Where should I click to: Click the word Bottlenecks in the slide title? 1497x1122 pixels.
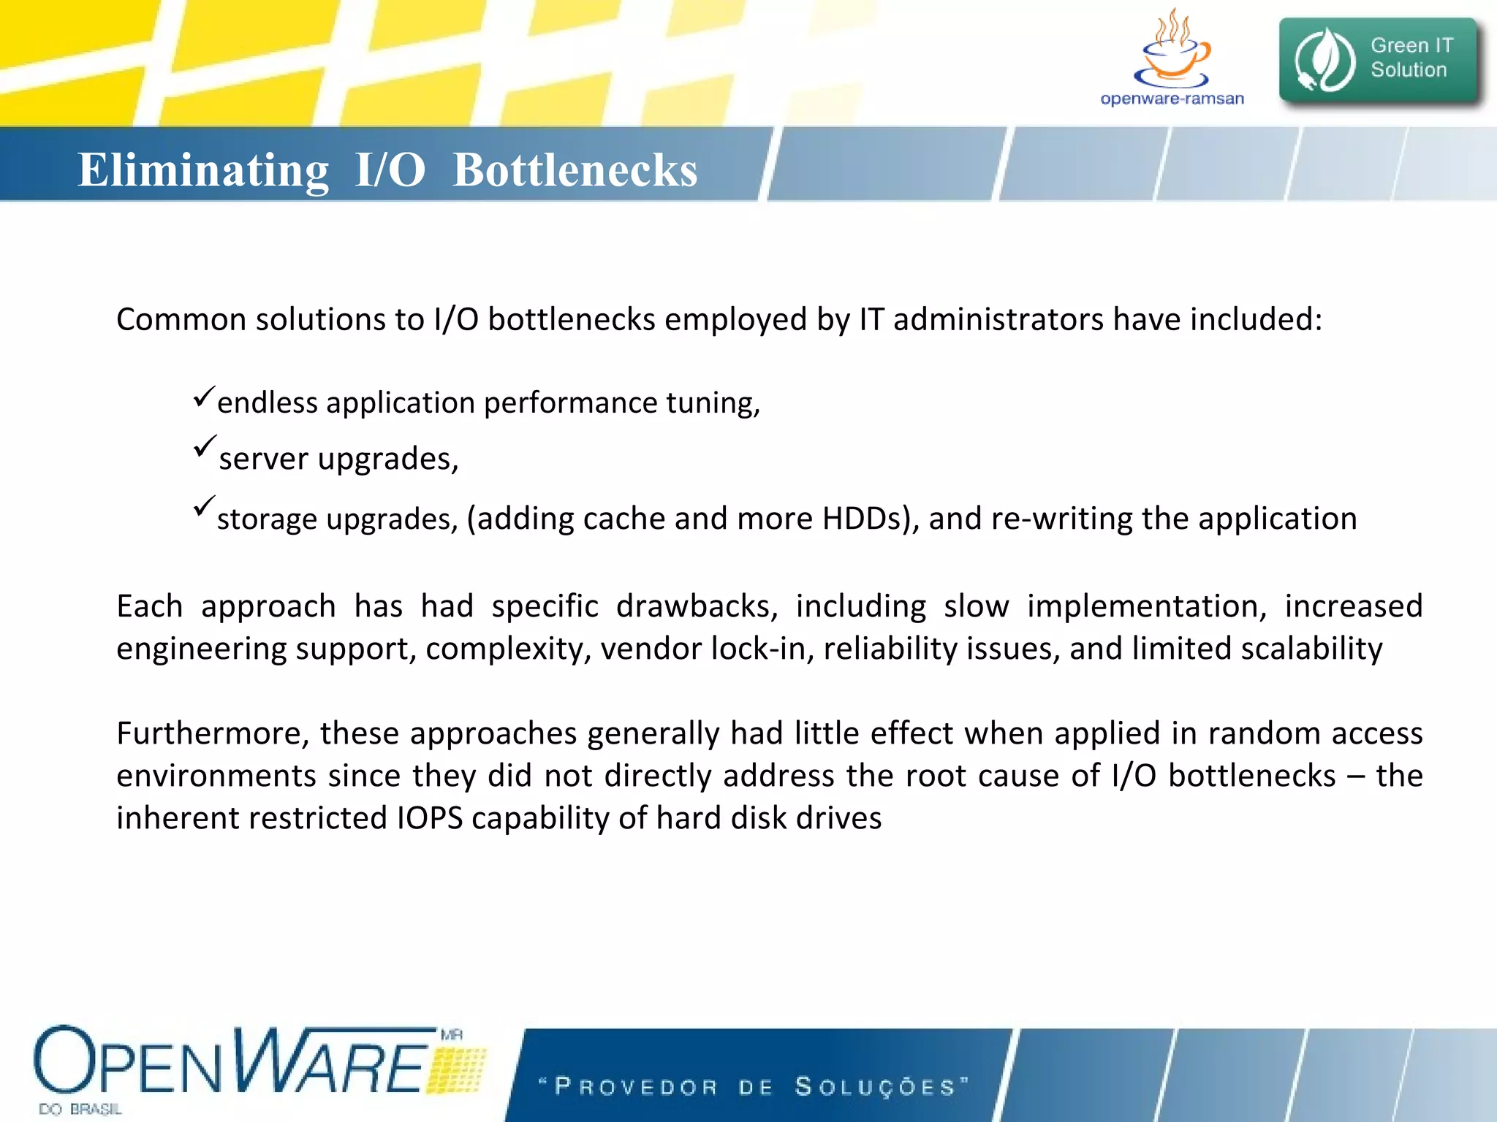[575, 170]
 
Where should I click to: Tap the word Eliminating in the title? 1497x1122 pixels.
[203, 170]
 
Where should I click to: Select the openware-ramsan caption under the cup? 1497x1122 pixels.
[1172, 99]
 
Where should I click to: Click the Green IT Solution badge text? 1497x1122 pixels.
[1410, 58]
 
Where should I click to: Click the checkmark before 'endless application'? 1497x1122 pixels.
[204, 397]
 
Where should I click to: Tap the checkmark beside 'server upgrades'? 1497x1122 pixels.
[205, 446]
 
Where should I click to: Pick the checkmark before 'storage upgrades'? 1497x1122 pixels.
[204, 506]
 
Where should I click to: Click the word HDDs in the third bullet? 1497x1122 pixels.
[870, 519]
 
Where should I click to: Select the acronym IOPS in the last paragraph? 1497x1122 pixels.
[430, 818]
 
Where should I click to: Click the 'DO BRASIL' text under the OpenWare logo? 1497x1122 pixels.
[80, 1109]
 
